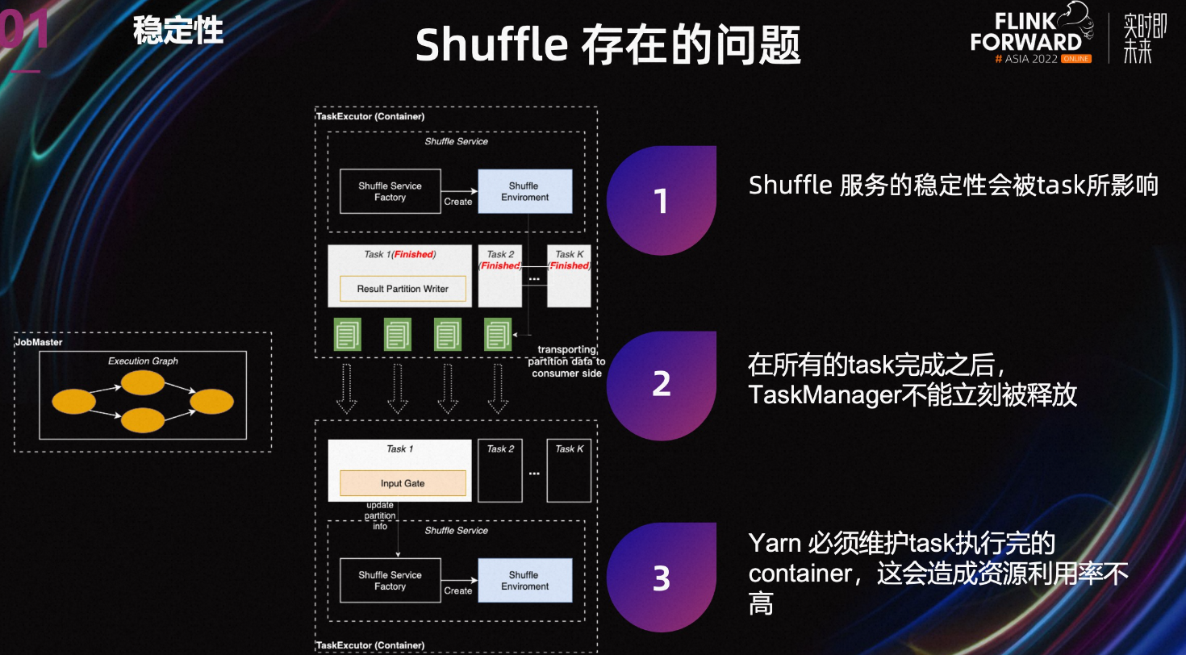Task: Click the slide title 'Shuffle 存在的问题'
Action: [x=608, y=44]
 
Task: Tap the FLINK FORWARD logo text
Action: [x=1025, y=33]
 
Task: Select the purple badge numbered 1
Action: [x=662, y=200]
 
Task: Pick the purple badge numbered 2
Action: [x=662, y=386]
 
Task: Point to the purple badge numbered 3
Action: [x=662, y=578]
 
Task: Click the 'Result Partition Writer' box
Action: [x=403, y=289]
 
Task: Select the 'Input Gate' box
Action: [x=403, y=483]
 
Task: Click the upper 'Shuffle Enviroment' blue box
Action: [x=524, y=191]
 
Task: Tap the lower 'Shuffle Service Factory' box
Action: [x=390, y=580]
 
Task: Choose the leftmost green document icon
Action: [x=347, y=334]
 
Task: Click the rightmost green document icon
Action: [x=498, y=334]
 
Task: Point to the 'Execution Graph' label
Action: [x=143, y=361]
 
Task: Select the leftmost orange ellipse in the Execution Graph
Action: [x=73, y=402]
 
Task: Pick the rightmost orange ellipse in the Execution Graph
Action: [x=211, y=402]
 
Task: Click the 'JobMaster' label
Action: [x=39, y=342]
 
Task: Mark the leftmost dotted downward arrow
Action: [x=347, y=389]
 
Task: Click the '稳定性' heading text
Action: [x=177, y=30]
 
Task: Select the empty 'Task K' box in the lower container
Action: [x=569, y=470]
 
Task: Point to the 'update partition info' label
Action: [x=380, y=515]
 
